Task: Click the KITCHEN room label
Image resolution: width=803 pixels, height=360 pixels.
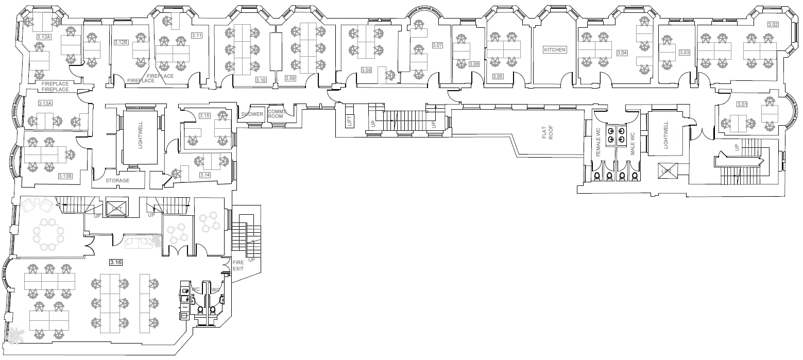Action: tap(555, 50)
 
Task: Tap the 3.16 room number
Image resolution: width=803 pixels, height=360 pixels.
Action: tap(116, 263)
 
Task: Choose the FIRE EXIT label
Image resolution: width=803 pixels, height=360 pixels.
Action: tap(238, 266)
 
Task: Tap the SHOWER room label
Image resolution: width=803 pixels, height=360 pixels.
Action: tap(252, 114)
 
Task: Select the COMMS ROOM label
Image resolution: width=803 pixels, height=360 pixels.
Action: tap(276, 114)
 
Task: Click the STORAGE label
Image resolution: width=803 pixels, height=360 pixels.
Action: tap(117, 181)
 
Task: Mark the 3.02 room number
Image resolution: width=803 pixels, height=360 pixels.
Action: tap(773, 24)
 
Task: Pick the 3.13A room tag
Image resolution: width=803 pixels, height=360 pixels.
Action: tap(45, 104)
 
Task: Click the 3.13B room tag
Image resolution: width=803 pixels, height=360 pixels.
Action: tap(65, 176)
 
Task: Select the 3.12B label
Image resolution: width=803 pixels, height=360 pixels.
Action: tap(121, 42)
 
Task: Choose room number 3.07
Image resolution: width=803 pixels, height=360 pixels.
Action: tap(437, 45)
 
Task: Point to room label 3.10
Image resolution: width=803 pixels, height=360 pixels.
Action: tap(261, 80)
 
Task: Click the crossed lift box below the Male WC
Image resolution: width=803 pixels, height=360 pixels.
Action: tap(667, 170)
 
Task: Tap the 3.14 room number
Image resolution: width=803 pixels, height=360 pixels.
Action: tap(205, 175)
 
